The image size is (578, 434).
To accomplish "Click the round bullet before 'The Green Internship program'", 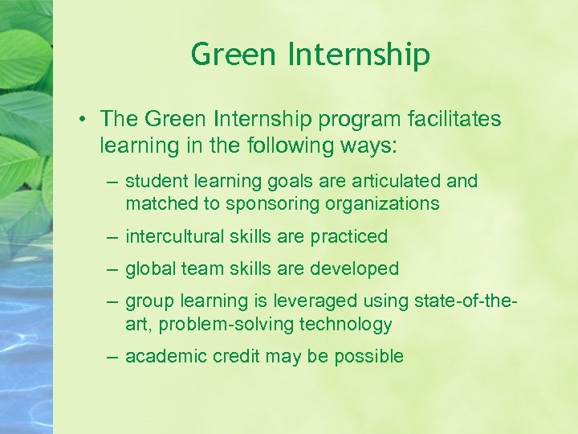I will (83, 120).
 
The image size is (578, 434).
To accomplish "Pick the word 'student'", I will (151, 182).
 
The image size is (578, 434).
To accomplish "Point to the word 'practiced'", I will (349, 236).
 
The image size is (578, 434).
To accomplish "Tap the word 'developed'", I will (360, 268).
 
